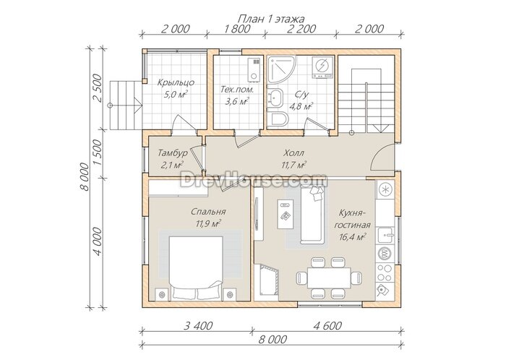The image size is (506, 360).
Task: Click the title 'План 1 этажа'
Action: click(x=271, y=19)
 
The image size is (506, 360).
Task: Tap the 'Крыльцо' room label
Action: click(x=176, y=82)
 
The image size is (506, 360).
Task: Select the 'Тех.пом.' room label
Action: click(x=237, y=90)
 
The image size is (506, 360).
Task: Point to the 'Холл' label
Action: click(x=293, y=153)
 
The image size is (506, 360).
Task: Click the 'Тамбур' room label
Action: click(x=172, y=153)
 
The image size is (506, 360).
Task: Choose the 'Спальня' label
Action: click(x=208, y=212)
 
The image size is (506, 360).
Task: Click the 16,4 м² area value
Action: click(x=352, y=237)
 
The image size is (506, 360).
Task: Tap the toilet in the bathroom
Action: click(x=278, y=120)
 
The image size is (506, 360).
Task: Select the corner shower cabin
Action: click(x=282, y=69)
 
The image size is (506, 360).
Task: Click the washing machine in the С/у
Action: click(x=322, y=67)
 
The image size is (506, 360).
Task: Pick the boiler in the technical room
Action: click(x=254, y=69)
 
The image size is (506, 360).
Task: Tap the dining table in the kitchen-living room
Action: click(x=329, y=278)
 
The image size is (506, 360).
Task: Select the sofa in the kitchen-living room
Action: click(x=312, y=215)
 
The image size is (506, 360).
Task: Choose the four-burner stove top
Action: click(x=385, y=273)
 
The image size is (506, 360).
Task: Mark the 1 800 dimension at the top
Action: click(x=236, y=29)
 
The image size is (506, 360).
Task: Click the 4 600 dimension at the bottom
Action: click(x=327, y=326)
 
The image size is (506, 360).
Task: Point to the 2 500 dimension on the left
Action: click(x=97, y=87)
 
